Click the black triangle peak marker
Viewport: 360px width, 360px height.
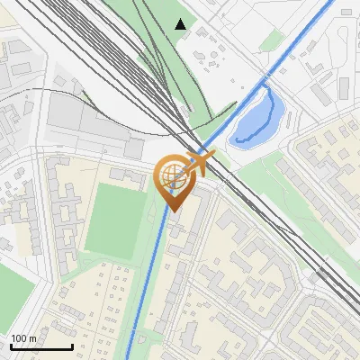coord(181,24)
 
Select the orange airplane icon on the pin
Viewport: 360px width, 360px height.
coord(201,163)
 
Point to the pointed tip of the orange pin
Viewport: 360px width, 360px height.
coord(172,211)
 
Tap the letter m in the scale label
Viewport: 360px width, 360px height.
coord(33,338)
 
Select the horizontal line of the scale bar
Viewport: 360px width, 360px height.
coord(41,347)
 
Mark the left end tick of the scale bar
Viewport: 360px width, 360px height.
coord(11,346)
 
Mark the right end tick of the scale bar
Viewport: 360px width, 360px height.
coord(72,346)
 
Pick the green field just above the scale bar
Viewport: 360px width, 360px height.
coord(13,297)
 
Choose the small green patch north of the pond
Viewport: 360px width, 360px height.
coord(275,40)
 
